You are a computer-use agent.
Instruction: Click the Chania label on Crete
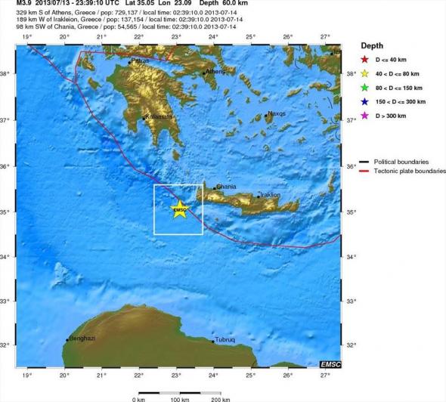[x=226, y=187]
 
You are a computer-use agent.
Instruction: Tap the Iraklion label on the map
[x=270, y=194]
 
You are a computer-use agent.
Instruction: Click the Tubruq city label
[x=225, y=339]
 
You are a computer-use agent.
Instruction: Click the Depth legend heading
[x=373, y=45]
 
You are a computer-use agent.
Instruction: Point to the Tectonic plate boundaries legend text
[x=408, y=171]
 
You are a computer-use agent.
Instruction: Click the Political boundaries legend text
[x=404, y=162]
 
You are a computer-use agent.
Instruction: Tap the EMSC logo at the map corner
[x=331, y=365]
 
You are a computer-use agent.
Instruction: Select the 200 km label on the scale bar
[x=221, y=398]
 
